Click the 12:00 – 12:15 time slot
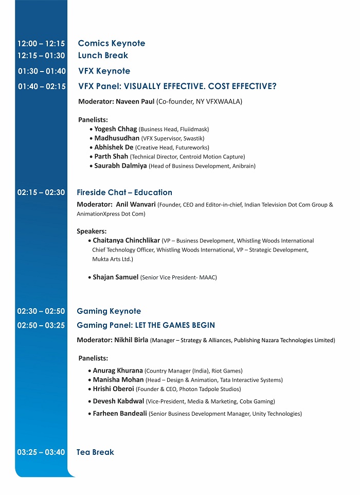click(41, 44)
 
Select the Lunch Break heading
click(103, 56)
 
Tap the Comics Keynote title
click(111, 44)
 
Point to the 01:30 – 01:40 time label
click(42, 72)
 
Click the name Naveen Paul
click(135, 101)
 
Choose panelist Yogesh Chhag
click(116, 129)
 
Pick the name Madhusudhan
click(117, 138)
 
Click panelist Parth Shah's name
click(111, 156)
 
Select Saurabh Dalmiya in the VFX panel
click(120, 166)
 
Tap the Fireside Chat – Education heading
click(124, 192)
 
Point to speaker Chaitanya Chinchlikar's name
click(126, 240)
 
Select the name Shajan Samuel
click(115, 277)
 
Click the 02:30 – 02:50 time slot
click(41, 311)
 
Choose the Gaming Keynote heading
click(109, 311)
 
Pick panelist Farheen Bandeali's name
click(119, 413)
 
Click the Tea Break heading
click(95, 452)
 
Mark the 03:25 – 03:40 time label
click(41, 452)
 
